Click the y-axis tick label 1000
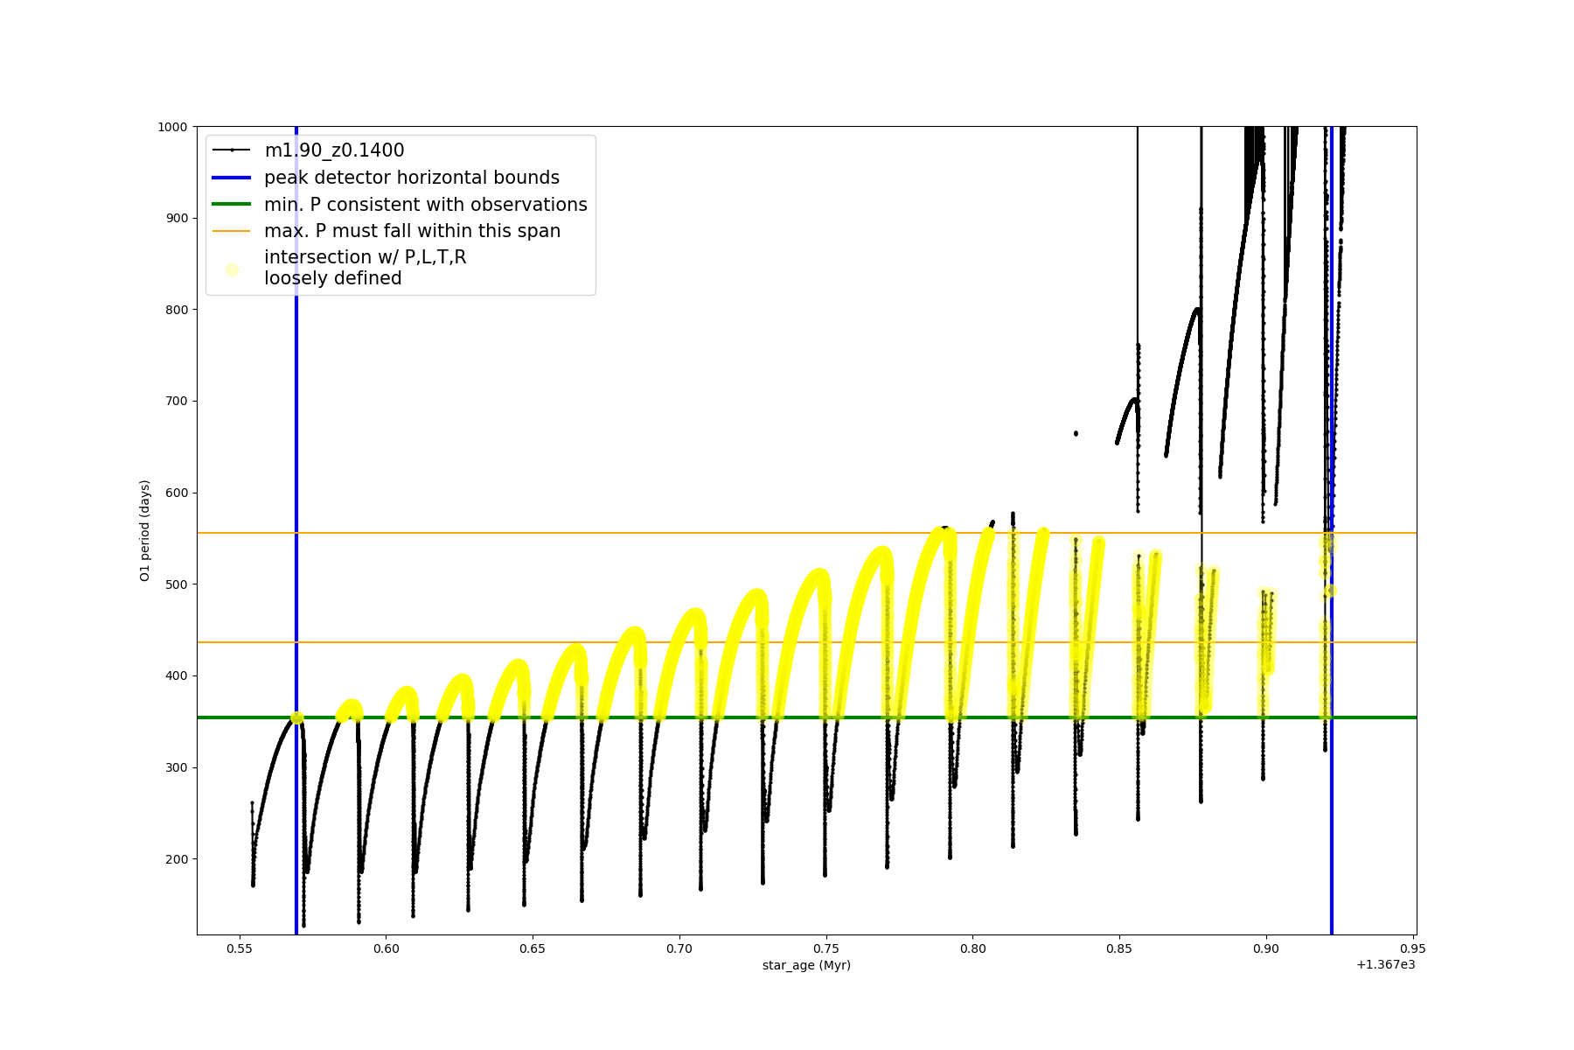click(172, 127)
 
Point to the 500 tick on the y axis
click(177, 584)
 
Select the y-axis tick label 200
click(177, 859)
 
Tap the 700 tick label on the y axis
click(177, 402)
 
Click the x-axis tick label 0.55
click(240, 948)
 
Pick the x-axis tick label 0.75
click(825, 948)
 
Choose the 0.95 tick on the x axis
click(1412, 948)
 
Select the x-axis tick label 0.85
click(1119, 948)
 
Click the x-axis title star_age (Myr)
click(806, 965)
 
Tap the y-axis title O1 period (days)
click(145, 530)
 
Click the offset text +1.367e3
click(1385, 965)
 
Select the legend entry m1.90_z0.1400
click(334, 150)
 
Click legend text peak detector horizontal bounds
click(412, 178)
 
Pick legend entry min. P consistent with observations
click(426, 205)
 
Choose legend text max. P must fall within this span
click(412, 231)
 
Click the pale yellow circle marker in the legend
click(232, 269)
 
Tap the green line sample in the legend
click(232, 205)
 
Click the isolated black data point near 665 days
click(1076, 433)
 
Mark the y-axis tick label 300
click(177, 767)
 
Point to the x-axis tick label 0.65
click(533, 948)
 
